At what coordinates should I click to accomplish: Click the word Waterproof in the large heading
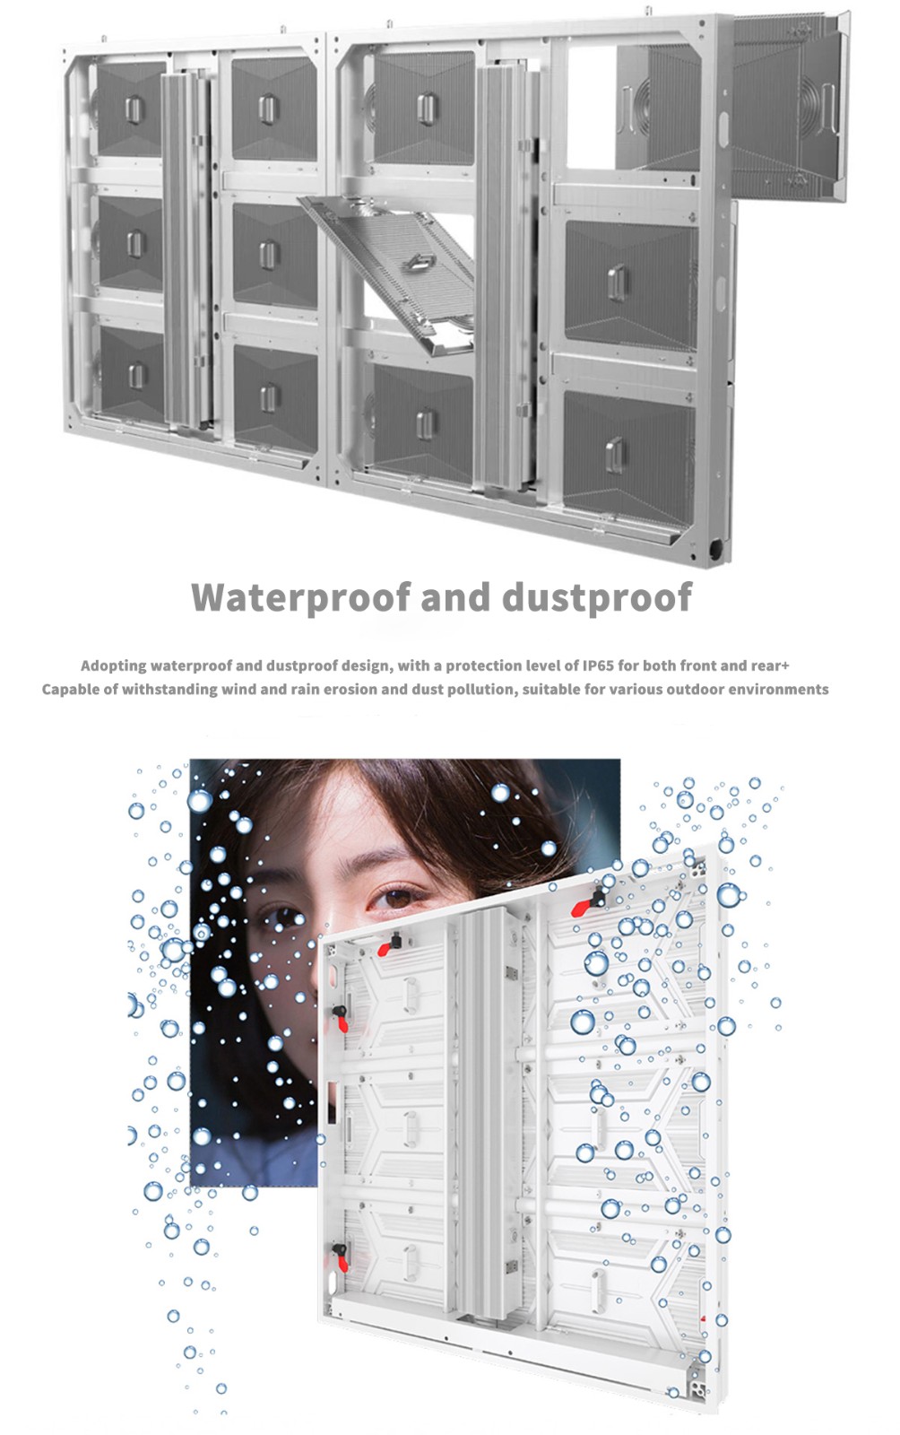click(x=300, y=597)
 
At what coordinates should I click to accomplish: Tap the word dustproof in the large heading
click(x=597, y=597)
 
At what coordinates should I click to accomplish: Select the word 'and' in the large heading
click(x=455, y=596)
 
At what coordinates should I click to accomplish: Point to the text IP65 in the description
click(x=598, y=665)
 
